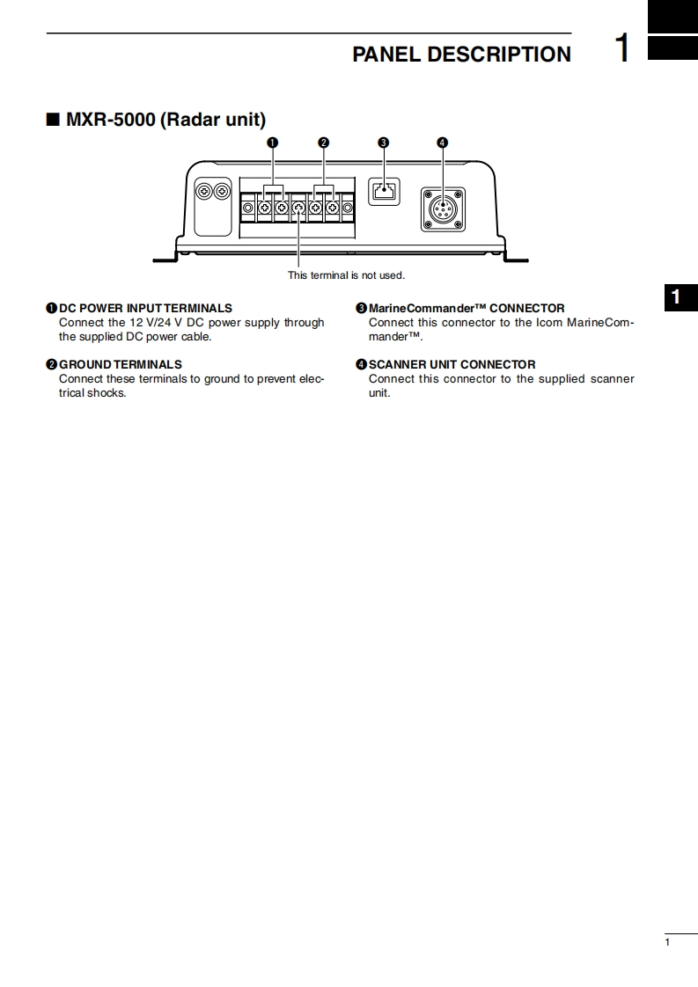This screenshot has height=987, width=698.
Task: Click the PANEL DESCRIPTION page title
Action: tap(461, 55)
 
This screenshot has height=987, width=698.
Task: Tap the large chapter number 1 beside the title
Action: tap(622, 49)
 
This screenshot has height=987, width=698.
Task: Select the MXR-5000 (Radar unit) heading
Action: tap(165, 119)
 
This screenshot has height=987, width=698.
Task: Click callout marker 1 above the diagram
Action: tap(273, 143)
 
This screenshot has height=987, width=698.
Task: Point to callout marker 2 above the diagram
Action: tap(324, 143)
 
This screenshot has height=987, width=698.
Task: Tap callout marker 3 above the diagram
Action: tap(383, 143)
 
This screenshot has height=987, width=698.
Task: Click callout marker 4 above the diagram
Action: tap(442, 143)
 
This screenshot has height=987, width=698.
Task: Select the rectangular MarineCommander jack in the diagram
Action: tap(383, 191)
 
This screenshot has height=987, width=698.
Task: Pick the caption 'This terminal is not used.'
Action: tap(346, 275)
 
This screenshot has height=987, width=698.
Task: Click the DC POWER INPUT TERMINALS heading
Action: tap(145, 308)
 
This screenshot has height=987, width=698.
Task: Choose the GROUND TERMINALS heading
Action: tap(121, 364)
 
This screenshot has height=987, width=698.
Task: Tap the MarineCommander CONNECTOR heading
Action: tap(467, 308)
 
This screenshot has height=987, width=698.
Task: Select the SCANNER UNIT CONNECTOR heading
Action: tap(452, 364)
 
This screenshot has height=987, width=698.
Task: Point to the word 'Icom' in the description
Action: tap(549, 322)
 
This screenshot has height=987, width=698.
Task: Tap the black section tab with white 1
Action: tap(676, 298)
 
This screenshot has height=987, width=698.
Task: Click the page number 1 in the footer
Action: tap(667, 943)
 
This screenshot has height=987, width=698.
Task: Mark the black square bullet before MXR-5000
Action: tap(53, 119)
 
